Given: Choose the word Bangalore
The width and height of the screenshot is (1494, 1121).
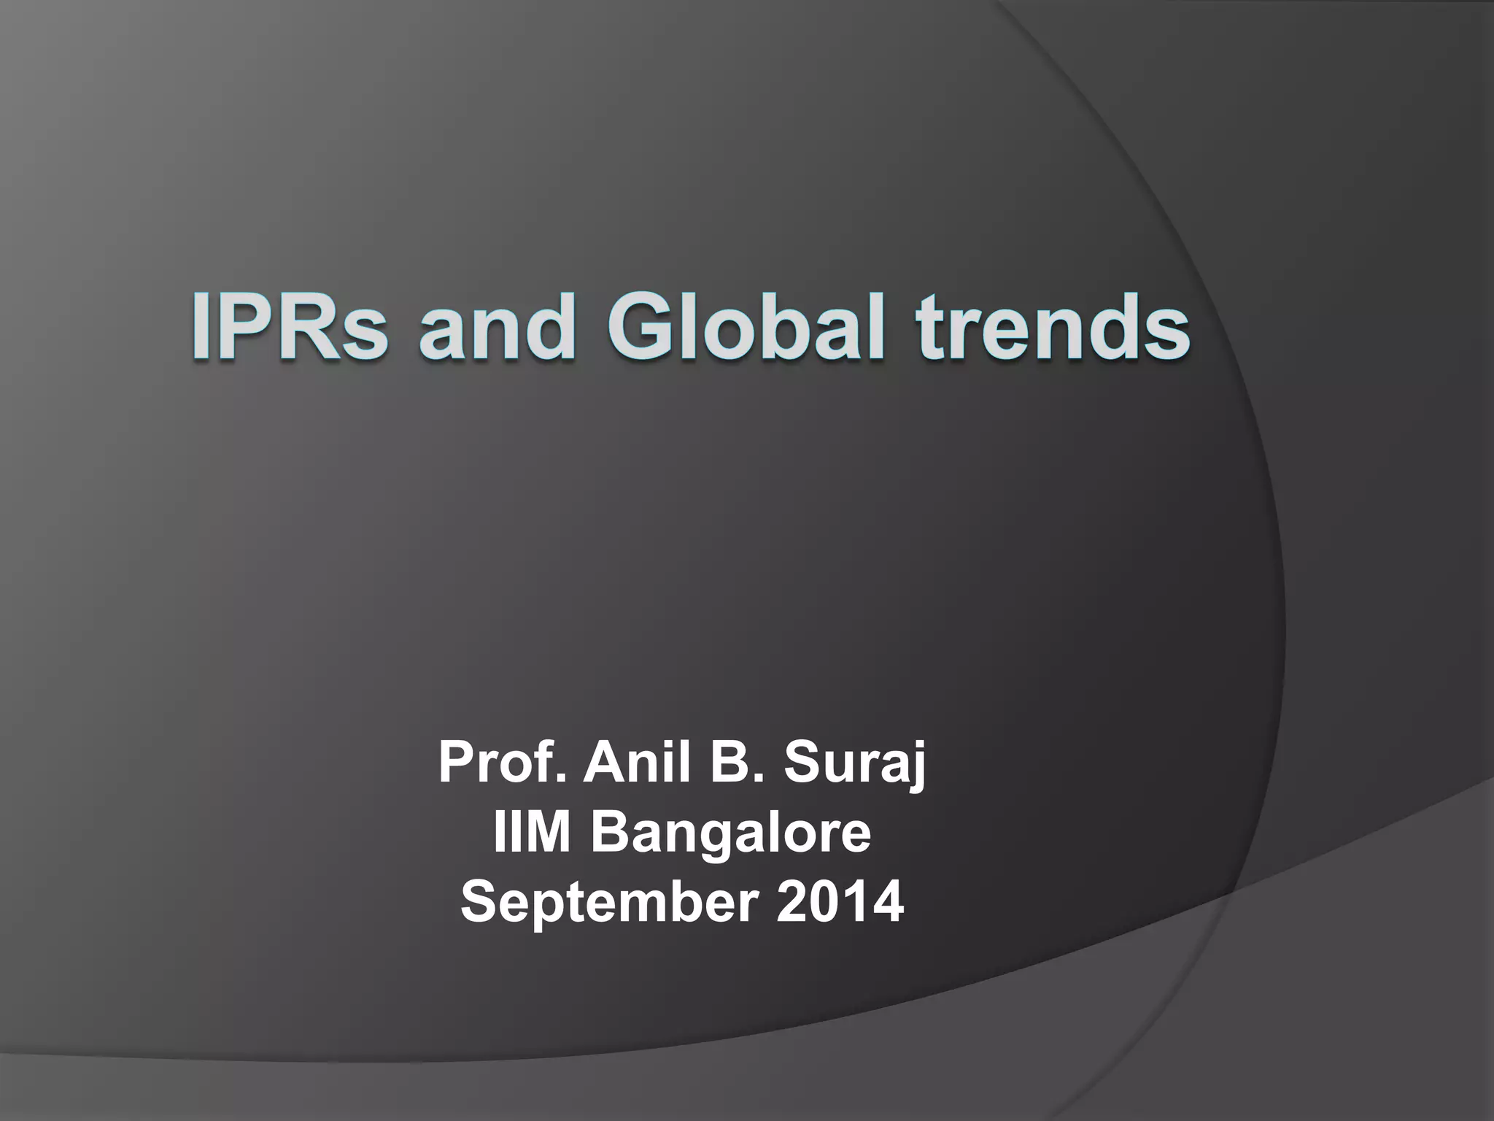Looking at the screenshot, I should (730, 834).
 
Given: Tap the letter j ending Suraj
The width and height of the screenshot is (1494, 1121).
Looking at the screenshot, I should (917, 766).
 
